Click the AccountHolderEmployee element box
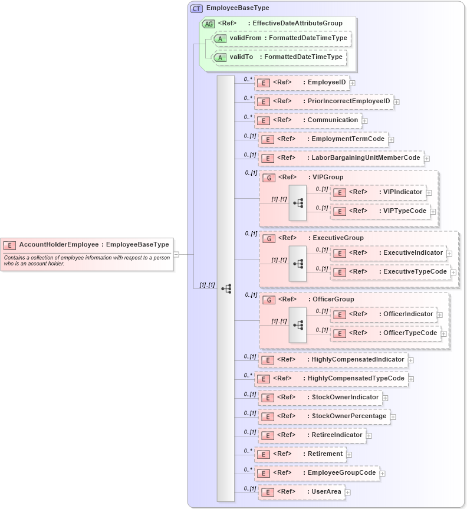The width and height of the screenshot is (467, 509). click(x=87, y=245)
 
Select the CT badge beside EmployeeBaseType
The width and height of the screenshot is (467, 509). click(x=196, y=9)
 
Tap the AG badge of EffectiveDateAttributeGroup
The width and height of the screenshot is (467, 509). click(x=208, y=24)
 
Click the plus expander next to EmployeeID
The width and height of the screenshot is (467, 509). click(x=352, y=83)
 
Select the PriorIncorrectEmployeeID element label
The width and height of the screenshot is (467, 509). click(x=348, y=101)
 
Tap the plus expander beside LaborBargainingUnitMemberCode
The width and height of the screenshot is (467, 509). click(x=427, y=159)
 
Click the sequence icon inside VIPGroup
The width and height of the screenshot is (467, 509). click(x=298, y=202)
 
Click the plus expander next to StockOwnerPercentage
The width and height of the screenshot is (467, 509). click(x=393, y=416)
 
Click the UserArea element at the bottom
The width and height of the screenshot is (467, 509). click(x=301, y=492)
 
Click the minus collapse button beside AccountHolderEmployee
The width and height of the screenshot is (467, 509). click(x=176, y=254)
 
